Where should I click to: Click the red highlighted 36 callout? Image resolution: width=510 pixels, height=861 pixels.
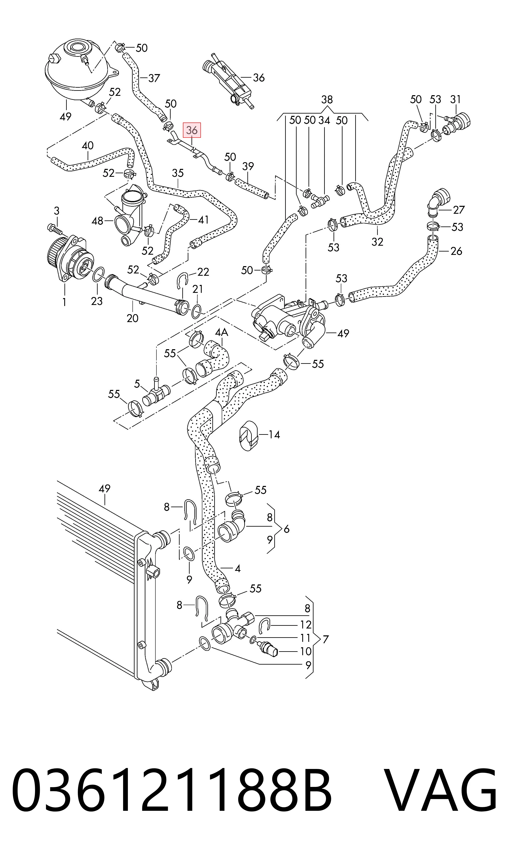point(192,130)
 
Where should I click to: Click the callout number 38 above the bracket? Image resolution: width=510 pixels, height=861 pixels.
point(327,100)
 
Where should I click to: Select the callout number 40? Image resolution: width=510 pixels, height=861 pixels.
point(88,145)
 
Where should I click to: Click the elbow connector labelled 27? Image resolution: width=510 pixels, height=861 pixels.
point(437,202)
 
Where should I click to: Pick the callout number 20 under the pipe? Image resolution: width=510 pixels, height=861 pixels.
point(133,318)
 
